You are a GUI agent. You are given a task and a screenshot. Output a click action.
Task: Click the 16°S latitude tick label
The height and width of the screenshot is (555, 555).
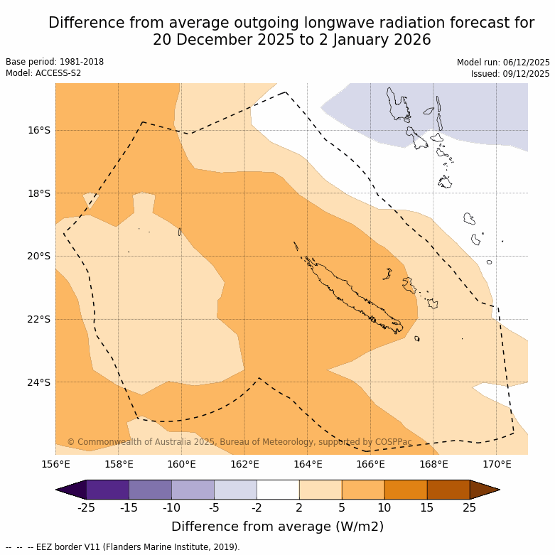click(40, 130)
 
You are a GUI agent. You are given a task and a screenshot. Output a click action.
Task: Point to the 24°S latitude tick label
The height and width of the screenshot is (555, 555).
click(40, 382)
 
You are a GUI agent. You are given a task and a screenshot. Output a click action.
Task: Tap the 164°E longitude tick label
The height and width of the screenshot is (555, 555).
click(308, 465)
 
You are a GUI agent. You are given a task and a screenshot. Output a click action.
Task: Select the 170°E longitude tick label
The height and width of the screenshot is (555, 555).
click(497, 465)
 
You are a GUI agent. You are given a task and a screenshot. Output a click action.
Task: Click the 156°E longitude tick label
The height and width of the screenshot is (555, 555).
click(55, 465)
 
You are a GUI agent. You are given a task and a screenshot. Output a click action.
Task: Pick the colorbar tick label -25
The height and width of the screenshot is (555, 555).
click(87, 507)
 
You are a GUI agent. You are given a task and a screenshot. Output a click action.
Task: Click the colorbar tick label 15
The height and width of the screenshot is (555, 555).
click(427, 507)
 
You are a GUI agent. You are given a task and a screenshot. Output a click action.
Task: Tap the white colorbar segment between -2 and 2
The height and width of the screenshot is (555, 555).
click(278, 490)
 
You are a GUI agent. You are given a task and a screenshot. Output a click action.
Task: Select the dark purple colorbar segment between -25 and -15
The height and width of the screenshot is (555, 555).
click(107, 490)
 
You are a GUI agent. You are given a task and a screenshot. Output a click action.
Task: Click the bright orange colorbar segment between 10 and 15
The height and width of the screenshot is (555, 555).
click(406, 490)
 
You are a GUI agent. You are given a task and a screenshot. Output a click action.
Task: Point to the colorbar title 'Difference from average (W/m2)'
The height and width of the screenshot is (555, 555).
click(278, 527)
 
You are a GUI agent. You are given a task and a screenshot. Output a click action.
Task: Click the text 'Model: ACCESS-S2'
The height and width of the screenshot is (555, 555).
click(44, 73)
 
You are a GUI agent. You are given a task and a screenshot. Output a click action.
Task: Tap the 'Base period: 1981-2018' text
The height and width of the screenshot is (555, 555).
click(55, 62)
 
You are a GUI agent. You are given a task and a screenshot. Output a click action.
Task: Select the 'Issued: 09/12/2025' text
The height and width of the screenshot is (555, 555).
click(510, 74)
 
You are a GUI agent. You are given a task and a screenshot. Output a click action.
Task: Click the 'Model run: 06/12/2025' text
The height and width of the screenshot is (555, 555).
click(503, 63)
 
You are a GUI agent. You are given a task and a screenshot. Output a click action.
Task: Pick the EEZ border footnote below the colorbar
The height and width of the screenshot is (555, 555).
click(123, 547)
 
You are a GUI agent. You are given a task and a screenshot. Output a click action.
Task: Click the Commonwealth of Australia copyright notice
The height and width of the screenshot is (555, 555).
click(239, 442)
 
